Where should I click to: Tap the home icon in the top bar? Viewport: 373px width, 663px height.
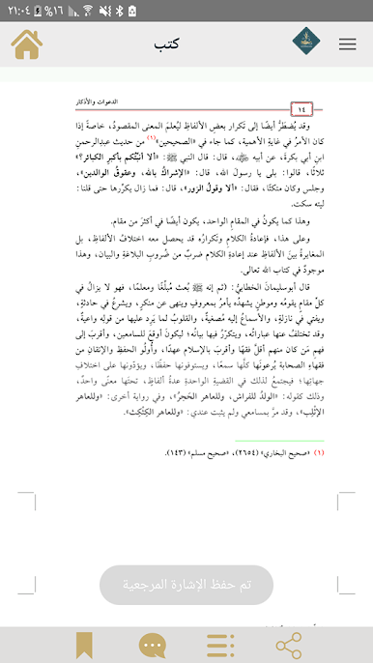(27, 44)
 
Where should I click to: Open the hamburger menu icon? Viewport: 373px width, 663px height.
(347, 44)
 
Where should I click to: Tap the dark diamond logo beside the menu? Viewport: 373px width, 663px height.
(306, 44)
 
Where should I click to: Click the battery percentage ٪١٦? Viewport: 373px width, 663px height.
(73, 12)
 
